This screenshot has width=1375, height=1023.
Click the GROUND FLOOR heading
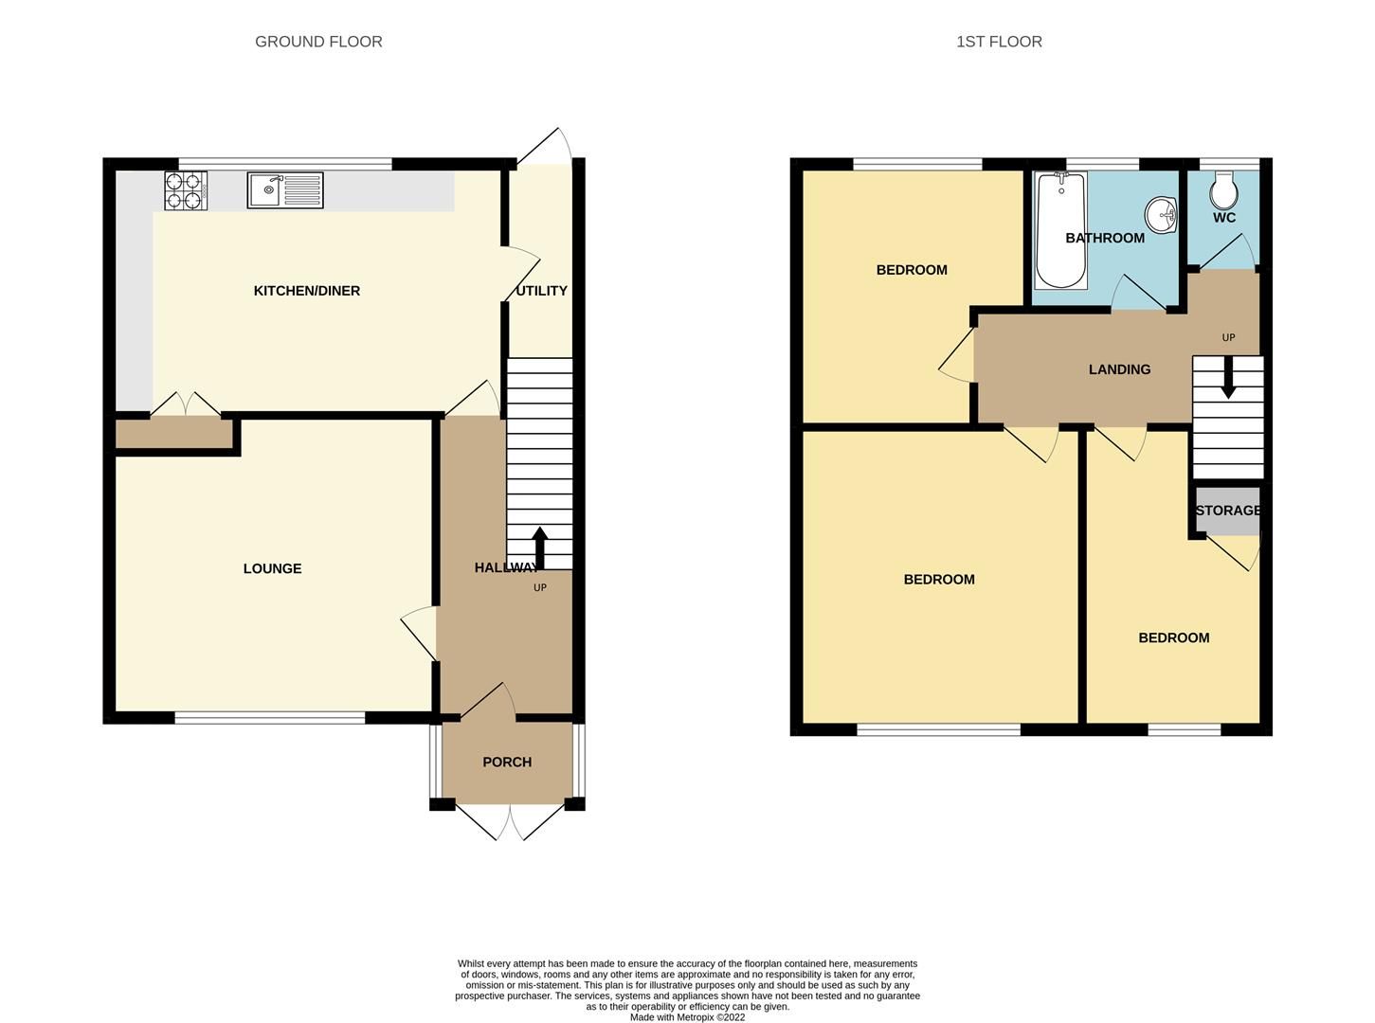[x=318, y=42]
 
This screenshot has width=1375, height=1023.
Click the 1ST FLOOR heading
[x=999, y=42]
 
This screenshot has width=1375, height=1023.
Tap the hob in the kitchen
[x=186, y=190]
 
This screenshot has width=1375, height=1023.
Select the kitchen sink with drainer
[x=285, y=190]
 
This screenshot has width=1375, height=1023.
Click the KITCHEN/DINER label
[x=306, y=291]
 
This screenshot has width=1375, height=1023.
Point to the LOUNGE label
[x=272, y=568]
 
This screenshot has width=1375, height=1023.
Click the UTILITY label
[x=541, y=291]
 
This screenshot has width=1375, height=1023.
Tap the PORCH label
[x=507, y=762]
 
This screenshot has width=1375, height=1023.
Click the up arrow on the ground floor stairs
[x=540, y=547]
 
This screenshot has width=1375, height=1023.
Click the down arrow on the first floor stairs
[x=1228, y=378]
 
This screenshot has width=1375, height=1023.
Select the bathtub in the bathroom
[x=1060, y=230]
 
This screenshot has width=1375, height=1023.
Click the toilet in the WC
[x=1223, y=191]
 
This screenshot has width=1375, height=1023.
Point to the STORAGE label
[x=1228, y=511]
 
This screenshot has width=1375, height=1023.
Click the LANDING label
[x=1119, y=369]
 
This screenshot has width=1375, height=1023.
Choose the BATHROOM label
[x=1105, y=238]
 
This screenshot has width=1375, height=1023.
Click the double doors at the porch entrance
[x=510, y=820]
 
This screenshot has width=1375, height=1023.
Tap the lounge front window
[x=270, y=718]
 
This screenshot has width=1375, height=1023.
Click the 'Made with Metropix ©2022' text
[x=687, y=1017]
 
